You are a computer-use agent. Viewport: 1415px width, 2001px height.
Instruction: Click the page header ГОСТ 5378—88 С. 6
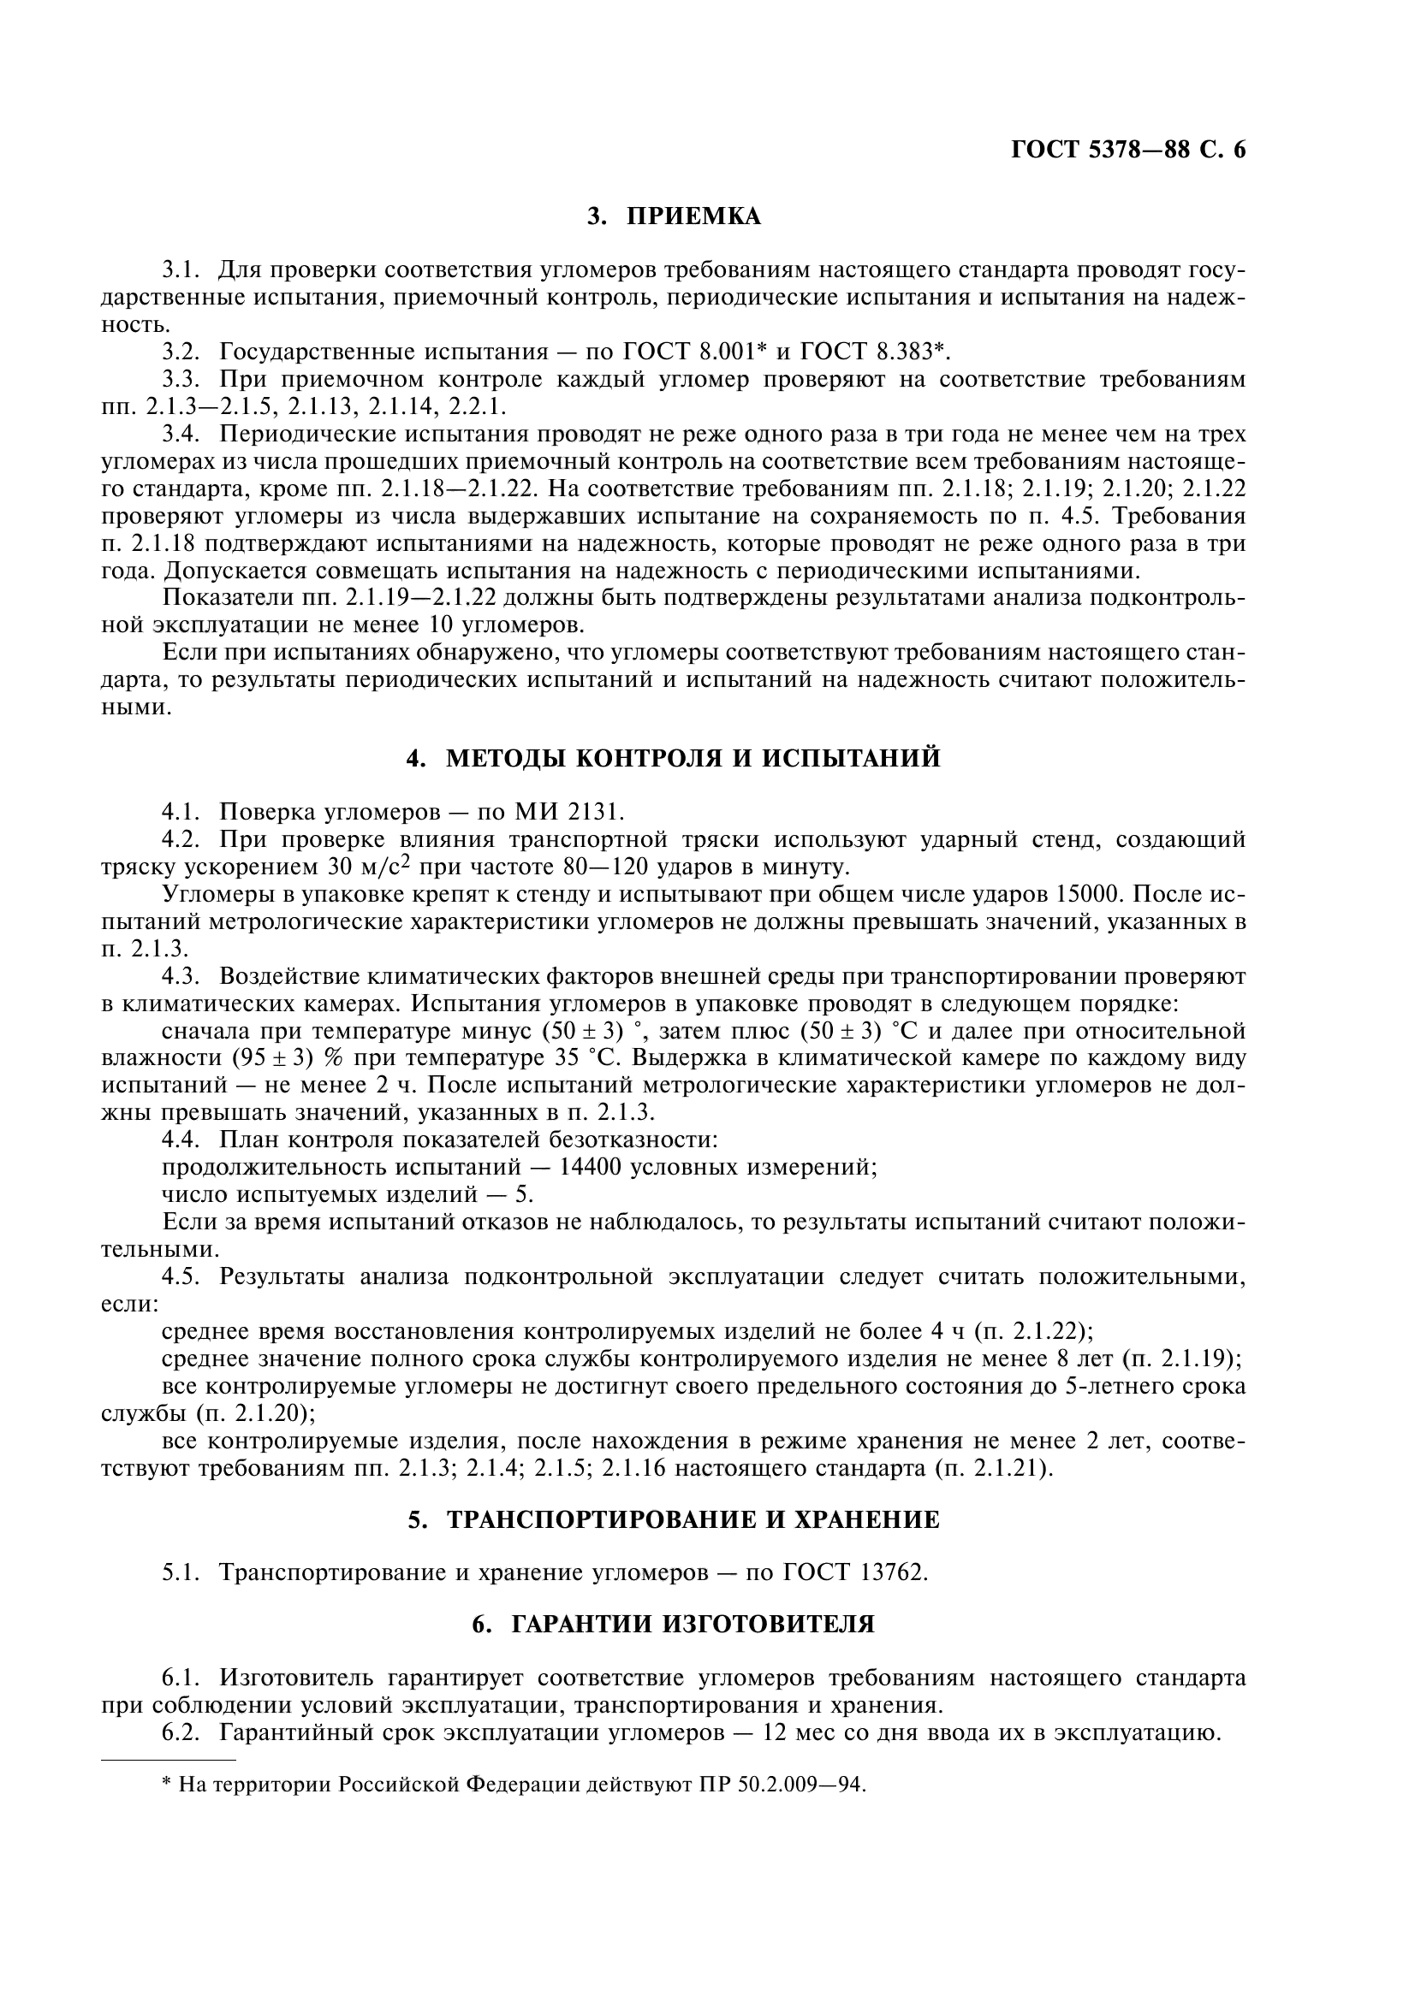tap(1128, 150)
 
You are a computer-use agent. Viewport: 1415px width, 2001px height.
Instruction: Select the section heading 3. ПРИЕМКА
tap(673, 216)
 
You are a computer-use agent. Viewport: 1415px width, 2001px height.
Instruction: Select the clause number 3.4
tap(181, 434)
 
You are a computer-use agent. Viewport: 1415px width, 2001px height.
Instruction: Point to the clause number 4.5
tap(181, 1276)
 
